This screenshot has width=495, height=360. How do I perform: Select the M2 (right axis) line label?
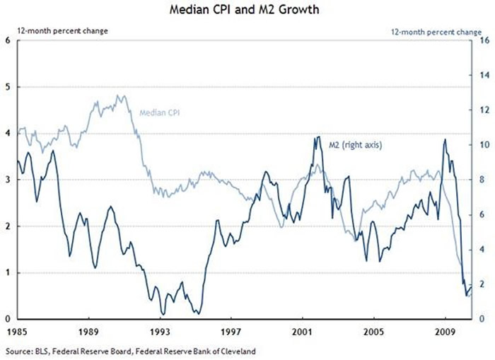click(355, 145)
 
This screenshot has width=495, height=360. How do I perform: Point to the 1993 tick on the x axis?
click(161, 330)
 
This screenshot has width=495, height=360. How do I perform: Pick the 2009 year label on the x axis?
click(445, 330)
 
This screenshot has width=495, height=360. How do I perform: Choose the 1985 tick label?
click(18, 330)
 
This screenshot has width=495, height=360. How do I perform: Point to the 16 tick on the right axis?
click(486, 40)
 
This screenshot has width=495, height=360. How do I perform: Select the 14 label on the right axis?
click(486, 75)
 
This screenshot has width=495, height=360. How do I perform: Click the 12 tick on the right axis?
click(486, 110)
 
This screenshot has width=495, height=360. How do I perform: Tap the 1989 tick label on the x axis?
click(89, 330)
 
